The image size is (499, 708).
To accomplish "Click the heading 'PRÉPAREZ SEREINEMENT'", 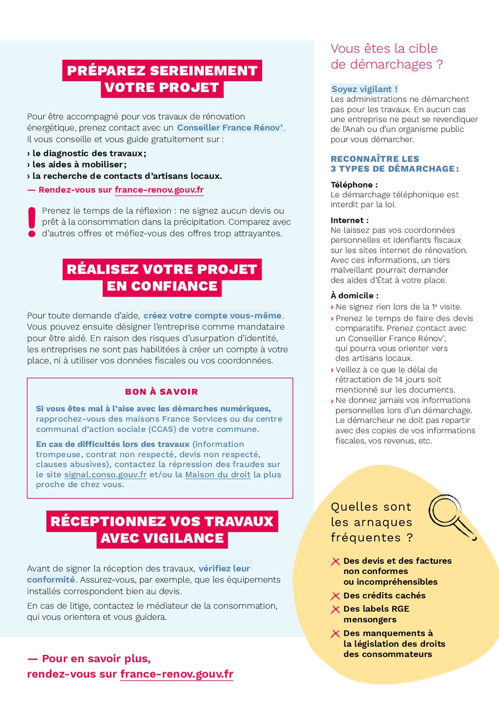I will [x=162, y=71].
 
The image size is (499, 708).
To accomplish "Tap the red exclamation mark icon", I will [x=32, y=222].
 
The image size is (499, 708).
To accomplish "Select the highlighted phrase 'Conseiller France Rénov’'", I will [x=230, y=128].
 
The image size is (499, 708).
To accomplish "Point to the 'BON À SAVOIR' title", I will [x=161, y=392].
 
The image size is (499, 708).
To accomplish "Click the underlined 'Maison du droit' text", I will [x=218, y=475].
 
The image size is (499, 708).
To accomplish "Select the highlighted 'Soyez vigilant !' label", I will [x=365, y=89].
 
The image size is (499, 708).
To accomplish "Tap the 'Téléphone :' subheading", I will [x=354, y=185].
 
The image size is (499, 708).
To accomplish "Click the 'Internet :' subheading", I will [x=349, y=220].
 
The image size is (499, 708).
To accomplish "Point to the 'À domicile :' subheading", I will [x=354, y=296].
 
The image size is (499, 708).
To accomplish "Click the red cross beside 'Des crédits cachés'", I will [x=335, y=596].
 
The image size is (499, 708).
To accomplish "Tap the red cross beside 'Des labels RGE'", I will [x=335, y=610].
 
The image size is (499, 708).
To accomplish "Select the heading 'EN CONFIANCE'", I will [x=162, y=286].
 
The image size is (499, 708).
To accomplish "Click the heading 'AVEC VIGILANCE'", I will [x=162, y=538].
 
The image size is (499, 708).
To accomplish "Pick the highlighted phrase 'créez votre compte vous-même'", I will [x=212, y=316].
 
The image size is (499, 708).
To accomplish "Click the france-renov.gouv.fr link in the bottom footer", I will [x=177, y=674].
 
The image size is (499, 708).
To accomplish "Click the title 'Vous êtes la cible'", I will [x=384, y=49].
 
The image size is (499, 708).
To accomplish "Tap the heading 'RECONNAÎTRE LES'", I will [x=375, y=159].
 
